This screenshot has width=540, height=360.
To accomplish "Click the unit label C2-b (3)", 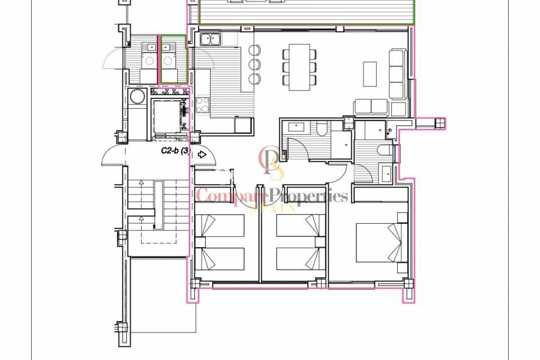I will point(176,151).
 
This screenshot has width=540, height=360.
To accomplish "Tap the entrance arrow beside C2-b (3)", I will point(202,154).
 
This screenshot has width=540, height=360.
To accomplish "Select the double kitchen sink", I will point(210,40).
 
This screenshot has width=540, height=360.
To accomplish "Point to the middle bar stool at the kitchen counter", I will point(254,64).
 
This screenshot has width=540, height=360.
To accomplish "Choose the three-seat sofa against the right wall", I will point(397,73).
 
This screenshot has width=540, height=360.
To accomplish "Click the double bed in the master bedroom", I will point(377,242).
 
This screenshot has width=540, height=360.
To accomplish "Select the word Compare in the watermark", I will point(231,196).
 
